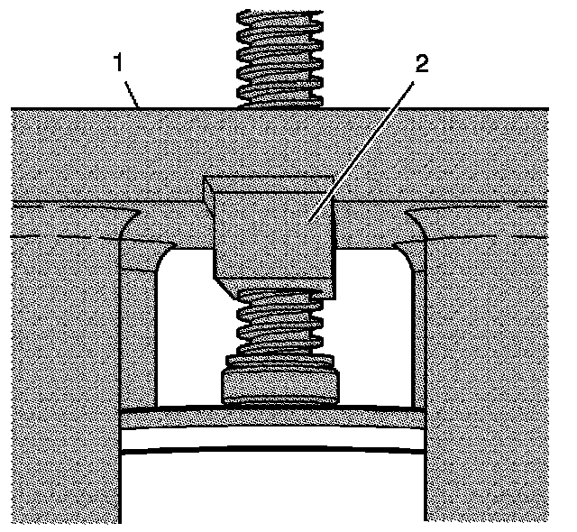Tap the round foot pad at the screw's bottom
tap(279, 382)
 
